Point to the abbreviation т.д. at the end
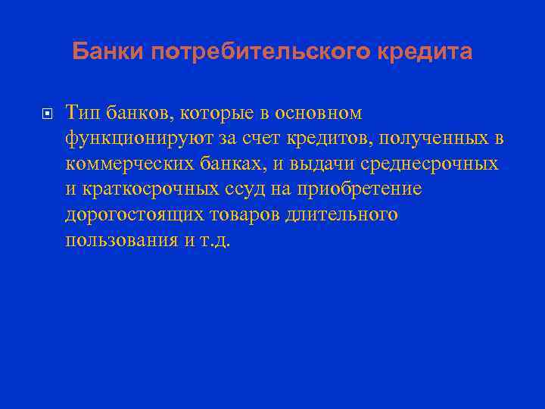click(220, 241)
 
